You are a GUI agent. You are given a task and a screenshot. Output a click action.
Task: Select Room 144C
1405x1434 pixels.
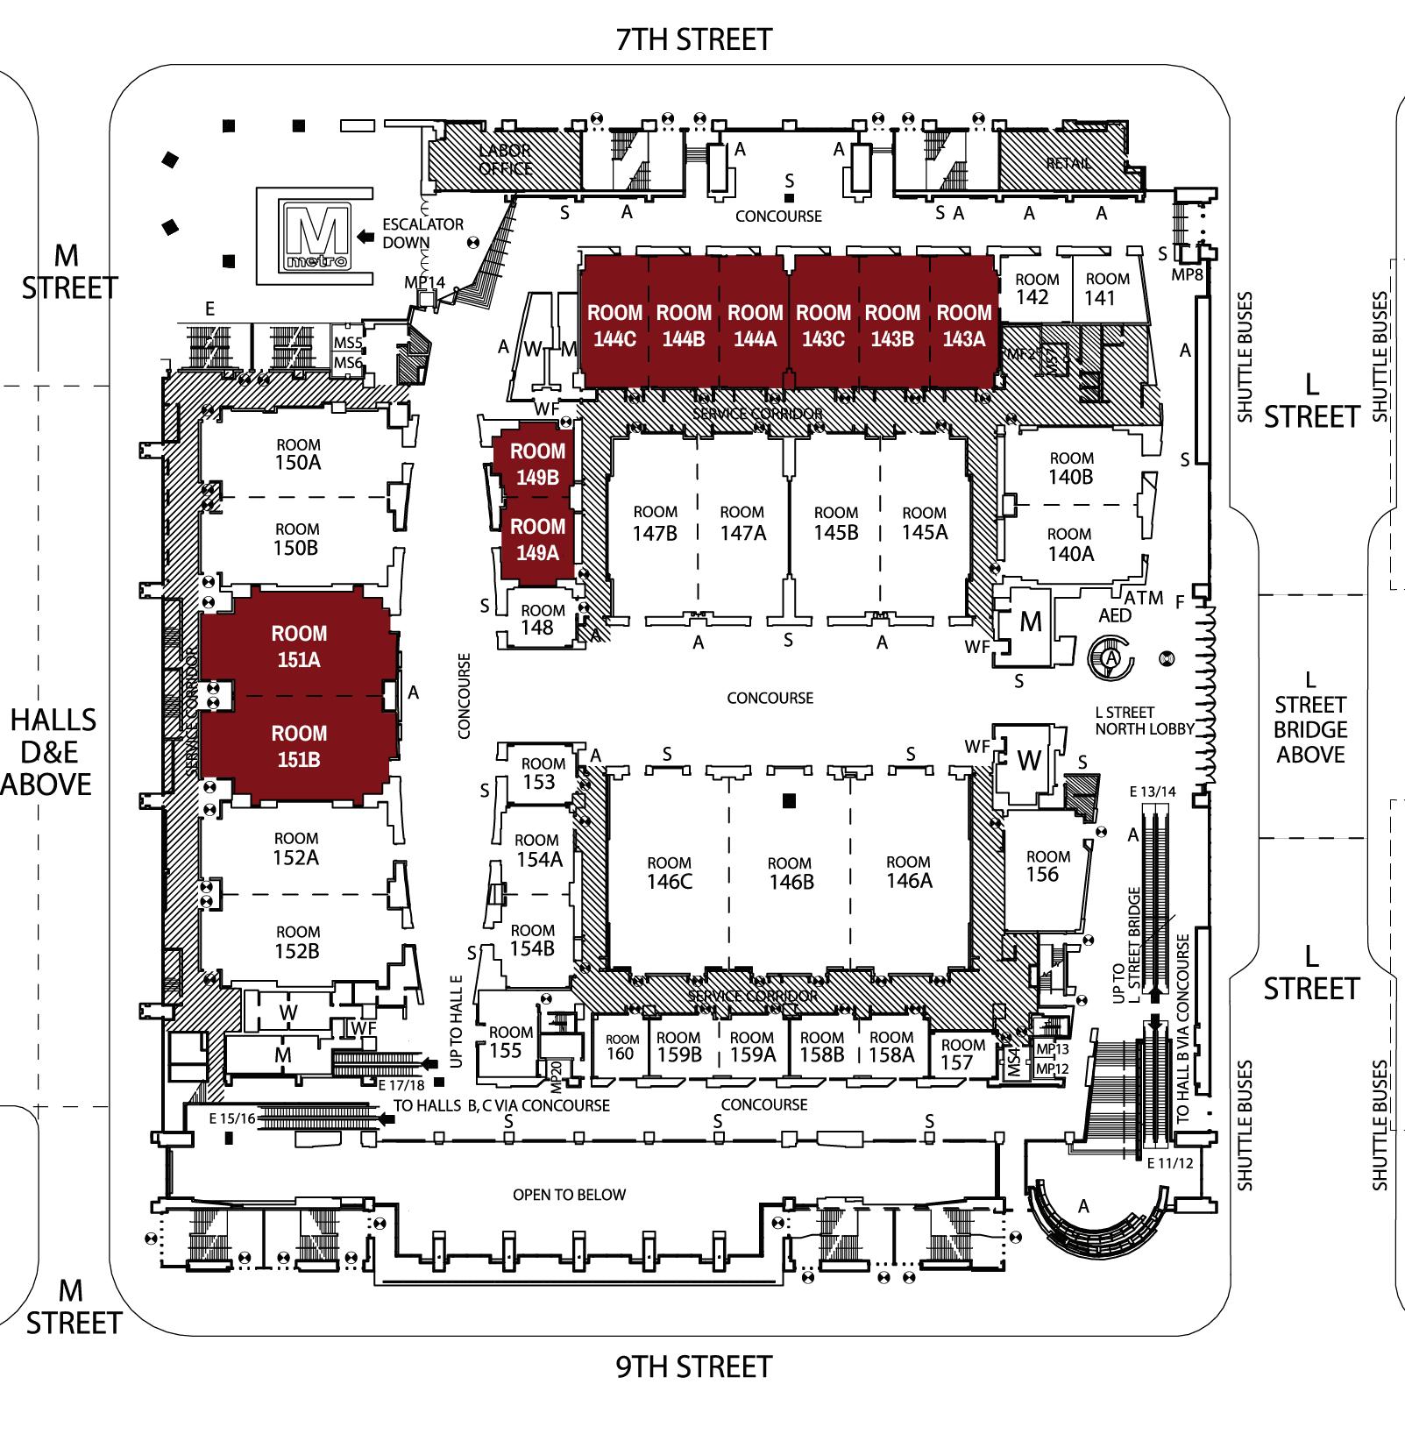pyautogui.click(x=614, y=324)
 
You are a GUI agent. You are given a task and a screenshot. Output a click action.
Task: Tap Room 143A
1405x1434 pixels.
pyautogui.click(x=963, y=324)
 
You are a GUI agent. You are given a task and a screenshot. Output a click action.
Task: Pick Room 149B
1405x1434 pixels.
pyautogui.click(x=537, y=464)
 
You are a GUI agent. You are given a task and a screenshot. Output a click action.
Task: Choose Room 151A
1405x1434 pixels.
pyautogui.click(x=299, y=646)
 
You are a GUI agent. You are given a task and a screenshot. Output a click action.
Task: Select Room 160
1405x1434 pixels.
pyautogui.click(x=620, y=1047)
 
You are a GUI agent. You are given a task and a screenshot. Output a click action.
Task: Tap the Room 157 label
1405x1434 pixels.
pyautogui.click(x=962, y=1054)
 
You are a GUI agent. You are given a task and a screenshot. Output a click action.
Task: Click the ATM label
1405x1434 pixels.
pyautogui.click(x=1144, y=598)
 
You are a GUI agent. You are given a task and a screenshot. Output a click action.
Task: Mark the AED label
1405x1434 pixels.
pyautogui.click(x=1114, y=615)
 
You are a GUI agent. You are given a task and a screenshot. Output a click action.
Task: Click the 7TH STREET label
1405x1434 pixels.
pyautogui.click(x=693, y=39)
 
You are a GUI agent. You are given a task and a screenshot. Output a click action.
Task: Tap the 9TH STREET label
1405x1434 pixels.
pyautogui.click(x=693, y=1367)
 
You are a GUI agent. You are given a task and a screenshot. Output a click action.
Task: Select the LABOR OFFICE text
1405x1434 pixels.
pyautogui.click(x=506, y=160)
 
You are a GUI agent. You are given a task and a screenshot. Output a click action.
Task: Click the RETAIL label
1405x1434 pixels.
pyautogui.click(x=1068, y=163)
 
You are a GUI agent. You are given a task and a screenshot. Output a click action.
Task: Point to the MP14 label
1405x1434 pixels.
pyautogui.click(x=424, y=282)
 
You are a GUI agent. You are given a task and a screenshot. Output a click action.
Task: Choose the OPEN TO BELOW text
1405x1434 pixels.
pyautogui.click(x=569, y=1195)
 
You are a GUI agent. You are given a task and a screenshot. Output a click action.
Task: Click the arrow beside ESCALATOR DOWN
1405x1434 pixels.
pyautogui.click(x=365, y=235)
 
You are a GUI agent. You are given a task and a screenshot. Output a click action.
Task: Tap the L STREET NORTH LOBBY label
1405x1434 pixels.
pyautogui.click(x=1144, y=721)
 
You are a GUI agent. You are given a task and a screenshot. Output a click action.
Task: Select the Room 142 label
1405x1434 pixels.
pyautogui.click(x=1036, y=288)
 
